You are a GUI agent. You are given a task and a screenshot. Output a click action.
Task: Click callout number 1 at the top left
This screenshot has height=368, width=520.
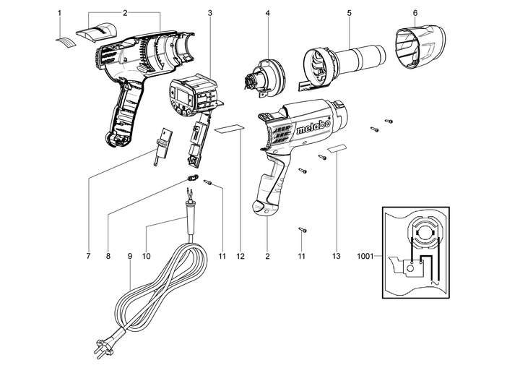point(60,13)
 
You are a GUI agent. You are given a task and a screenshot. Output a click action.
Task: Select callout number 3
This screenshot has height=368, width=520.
point(209,13)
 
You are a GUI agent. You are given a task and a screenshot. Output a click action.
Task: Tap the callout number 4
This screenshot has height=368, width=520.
point(267,13)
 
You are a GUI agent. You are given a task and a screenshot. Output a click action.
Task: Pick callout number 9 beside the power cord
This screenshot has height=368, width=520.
point(129,256)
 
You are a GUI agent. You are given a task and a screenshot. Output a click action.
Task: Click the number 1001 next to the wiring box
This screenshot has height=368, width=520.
point(366,256)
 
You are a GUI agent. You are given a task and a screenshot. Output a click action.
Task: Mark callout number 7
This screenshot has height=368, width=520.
point(88,256)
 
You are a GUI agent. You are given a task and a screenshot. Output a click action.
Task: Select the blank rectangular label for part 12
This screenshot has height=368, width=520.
point(229,128)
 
